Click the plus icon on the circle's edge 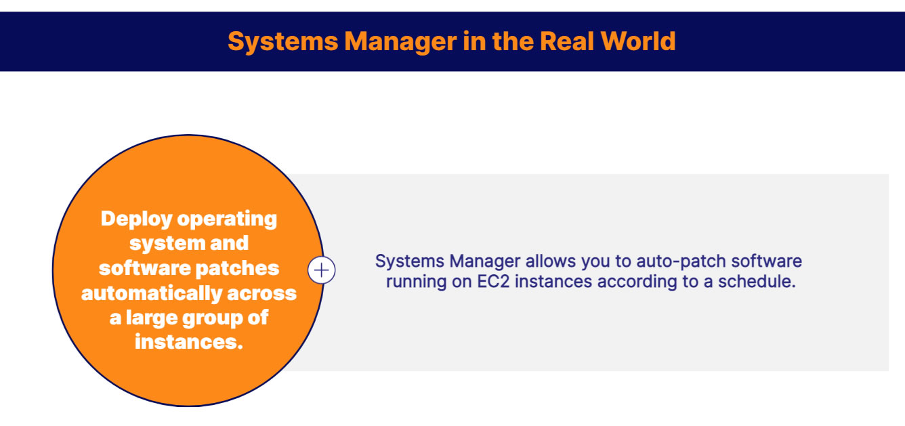(x=322, y=270)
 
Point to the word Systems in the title (x=282, y=41)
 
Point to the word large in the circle (x=149, y=318)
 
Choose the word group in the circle (x=211, y=318)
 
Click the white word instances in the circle (x=188, y=342)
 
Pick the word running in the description (x=413, y=281)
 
